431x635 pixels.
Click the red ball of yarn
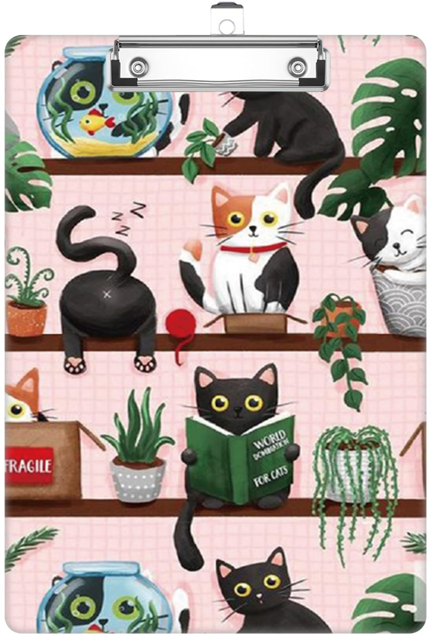(178, 322)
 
